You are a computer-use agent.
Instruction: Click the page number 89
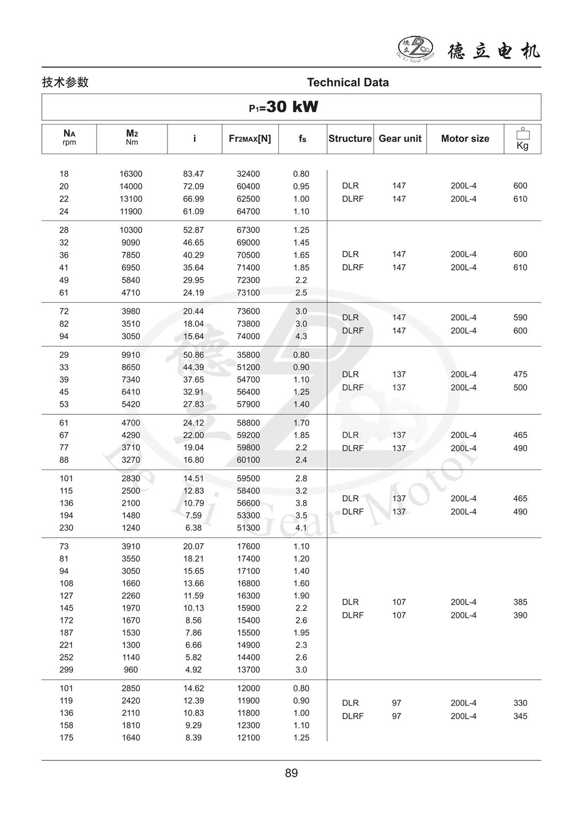coord(291,773)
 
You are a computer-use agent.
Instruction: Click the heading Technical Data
coord(348,82)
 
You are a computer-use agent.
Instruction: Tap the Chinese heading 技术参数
coord(65,82)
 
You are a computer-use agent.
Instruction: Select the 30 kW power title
coord(284,107)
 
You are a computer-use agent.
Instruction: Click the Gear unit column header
coord(400,139)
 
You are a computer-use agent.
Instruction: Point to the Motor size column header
coord(465,139)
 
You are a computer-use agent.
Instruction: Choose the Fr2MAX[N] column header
coord(250,139)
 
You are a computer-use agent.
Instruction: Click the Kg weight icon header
coord(523,139)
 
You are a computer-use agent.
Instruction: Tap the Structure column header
coord(350,139)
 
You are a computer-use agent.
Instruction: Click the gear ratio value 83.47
coord(193,174)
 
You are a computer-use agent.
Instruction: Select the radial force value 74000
coord(248,336)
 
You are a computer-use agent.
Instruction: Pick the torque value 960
coord(131,670)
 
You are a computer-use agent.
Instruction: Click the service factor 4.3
coord(301,336)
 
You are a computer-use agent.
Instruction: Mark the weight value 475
coord(520,374)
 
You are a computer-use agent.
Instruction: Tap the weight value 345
coord(520,716)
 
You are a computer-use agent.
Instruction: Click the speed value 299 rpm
coord(66,670)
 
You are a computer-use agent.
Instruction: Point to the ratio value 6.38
coord(193,528)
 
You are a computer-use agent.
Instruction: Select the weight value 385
coord(520,602)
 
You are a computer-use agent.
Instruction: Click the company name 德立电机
coord(494,51)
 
